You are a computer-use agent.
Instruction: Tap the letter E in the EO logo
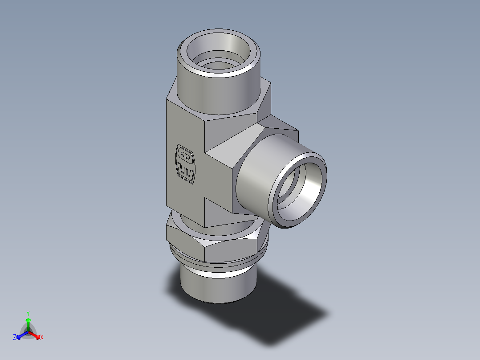coord(186,172)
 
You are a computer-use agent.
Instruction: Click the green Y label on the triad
coord(28,313)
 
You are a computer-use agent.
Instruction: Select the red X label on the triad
coord(42,338)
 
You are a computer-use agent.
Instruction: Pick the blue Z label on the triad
coord(15,338)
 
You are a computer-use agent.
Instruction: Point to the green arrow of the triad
coord(28,323)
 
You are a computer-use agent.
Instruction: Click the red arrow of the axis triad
coord(36,335)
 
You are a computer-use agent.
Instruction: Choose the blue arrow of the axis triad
coord(21,335)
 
